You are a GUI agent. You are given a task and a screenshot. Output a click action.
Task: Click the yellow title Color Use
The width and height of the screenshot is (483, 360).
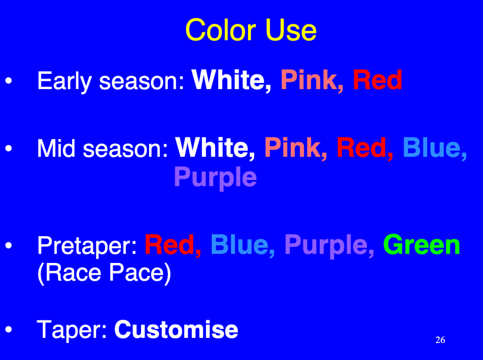[x=251, y=30]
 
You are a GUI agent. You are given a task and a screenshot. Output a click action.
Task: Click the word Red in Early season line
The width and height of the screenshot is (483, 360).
[x=377, y=80]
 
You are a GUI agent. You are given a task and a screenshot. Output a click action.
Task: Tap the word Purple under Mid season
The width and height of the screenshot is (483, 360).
[x=215, y=178]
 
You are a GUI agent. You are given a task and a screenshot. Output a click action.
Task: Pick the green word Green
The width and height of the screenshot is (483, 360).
[x=422, y=245]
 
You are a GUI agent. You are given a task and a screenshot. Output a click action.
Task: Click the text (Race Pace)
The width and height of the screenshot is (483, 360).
[x=104, y=273]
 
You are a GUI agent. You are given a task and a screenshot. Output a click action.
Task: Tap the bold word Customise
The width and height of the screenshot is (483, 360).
[x=176, y=329]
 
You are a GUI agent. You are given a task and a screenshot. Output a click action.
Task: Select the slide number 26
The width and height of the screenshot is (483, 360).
[x=440, y=340]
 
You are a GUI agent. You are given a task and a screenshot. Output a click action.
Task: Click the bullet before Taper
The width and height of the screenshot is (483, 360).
[x=8, y=329]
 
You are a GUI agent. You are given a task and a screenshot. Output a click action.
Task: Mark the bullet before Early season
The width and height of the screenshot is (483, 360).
[x=8, y=81]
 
